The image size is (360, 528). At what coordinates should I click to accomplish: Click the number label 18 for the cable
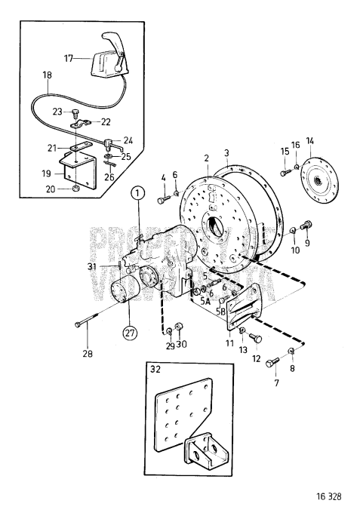(x=48, y=77)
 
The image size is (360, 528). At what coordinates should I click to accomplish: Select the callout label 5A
(x=205, y=299)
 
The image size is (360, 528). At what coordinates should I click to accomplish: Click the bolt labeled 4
(x=164, y=201)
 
